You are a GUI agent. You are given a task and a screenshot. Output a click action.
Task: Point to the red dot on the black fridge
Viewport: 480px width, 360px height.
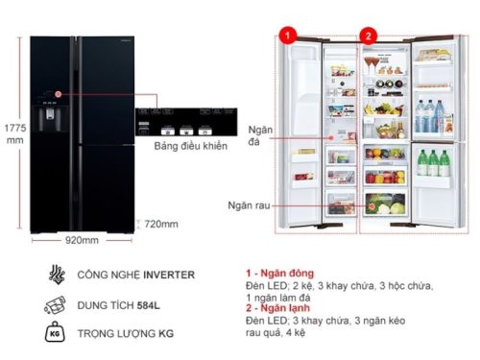click(58, 95)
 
